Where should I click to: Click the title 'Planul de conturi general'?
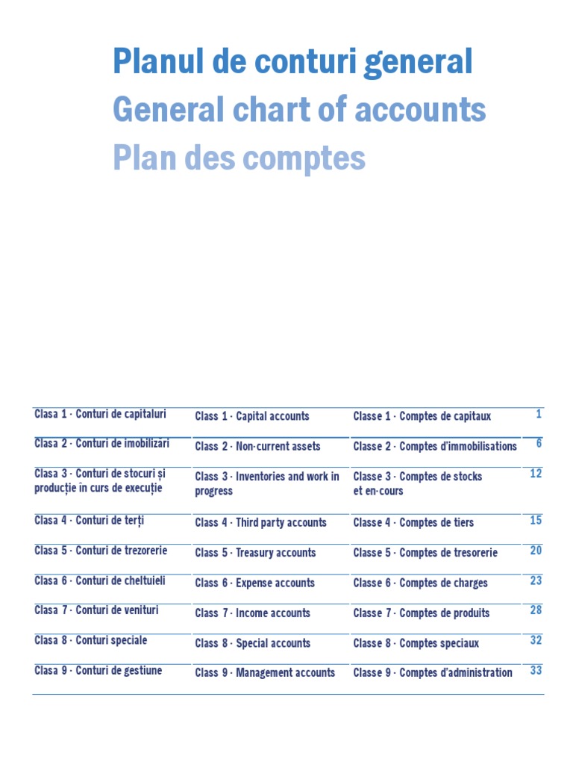coord(292,62)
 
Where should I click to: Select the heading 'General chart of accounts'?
coord(299,111)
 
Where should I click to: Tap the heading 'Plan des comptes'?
coord(239,158)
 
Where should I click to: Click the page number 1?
coord(539,414)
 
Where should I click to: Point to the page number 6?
coord(539,444)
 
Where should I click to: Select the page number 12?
coord(536,474)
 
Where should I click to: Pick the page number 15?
coord(536,521)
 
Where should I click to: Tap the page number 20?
coord(536,551)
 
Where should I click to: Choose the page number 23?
coord(536,580)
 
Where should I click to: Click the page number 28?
coord(536,610)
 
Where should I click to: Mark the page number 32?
coord(536,640)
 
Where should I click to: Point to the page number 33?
coord(536,670)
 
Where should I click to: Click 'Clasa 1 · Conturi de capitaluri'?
coord(100,414)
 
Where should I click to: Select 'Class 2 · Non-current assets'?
coord(257,446)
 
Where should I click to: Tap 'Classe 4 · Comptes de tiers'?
coord(413,523)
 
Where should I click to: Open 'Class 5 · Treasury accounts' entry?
coord(255,553)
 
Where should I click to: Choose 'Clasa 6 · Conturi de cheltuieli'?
coord(100,580)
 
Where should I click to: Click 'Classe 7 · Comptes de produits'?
coord(422,613)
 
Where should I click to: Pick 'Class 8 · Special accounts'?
coord(252,643)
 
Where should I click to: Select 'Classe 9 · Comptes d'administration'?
coord(433,673)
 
